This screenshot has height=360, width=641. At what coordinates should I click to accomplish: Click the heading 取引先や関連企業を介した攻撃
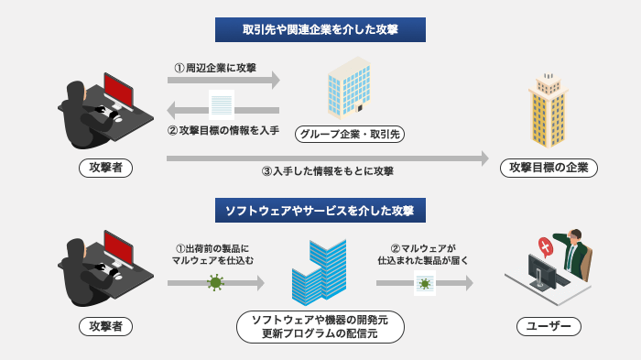tap(320, 29)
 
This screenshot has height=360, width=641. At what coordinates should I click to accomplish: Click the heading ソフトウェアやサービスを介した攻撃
tap(320, 211)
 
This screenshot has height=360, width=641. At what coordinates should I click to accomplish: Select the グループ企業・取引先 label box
tap(350, 135)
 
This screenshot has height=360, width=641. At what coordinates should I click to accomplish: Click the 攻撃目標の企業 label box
tap(549, 169)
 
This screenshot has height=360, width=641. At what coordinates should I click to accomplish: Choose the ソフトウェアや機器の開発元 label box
tap(320, 326)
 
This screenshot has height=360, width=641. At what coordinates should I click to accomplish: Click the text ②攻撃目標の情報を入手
tap(223, 130)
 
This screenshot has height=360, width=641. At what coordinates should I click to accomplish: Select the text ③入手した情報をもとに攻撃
tap(327, 171)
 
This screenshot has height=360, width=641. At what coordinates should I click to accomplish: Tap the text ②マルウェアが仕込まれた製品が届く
tap(423, 254)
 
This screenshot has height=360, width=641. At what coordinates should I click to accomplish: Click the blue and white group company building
tap(349, 88)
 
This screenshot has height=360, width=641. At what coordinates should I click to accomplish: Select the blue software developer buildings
tap(318, 272)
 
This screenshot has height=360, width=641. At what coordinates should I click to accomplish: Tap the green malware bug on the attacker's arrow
tap(216, 283)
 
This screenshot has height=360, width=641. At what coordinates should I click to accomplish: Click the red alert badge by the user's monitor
tap(546, 246)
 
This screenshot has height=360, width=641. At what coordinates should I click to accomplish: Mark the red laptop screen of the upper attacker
tap(119, 89)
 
